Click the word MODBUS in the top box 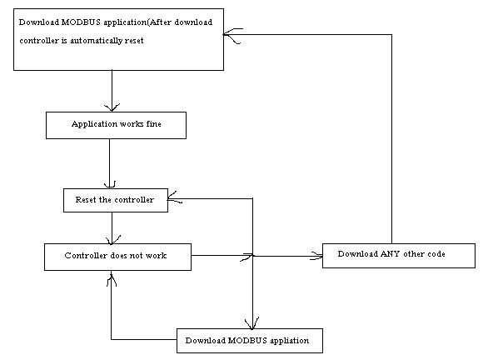coord(81,22)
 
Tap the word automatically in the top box coord(96,41)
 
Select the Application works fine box coord(116,125)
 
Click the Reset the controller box coord(116,200)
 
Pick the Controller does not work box coord(117,257)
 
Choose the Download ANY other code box coord(399,256)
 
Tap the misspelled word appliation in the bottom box coord(290,341)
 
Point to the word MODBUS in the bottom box coord(247,340)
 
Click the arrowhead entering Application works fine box coord(112,107)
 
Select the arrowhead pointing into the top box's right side coord(232,35)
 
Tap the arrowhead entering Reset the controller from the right coord(174,197)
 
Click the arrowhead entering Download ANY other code coord(316,256)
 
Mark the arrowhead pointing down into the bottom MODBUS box coord(252,323)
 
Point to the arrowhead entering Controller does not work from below coord(112,278)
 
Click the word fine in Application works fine coord(153,123)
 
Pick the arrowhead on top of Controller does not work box coord(112,239)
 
